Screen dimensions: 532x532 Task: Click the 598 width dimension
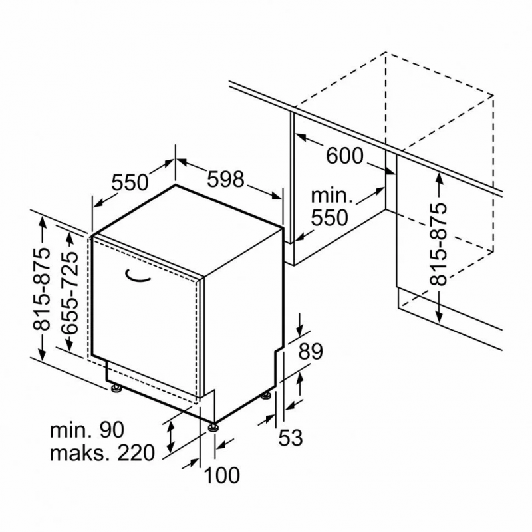tap(225, 179)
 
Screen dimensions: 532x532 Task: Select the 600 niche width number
tap(344, 156)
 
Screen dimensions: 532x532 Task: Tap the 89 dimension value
tap(310, 352)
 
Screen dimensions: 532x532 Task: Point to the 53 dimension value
tap(291, 438)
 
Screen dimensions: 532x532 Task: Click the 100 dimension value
tap(222, 475)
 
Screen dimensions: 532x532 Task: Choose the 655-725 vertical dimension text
tap(70, 293)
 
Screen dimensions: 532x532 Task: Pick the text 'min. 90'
tap(87, 430)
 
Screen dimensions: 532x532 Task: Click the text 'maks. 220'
tap(102, 452)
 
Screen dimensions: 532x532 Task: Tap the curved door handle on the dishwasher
tap(138, 276)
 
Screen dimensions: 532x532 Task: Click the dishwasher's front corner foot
tap(213, 426)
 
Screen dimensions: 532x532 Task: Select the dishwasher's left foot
tap(116, 388)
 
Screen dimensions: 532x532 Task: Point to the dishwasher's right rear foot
tap(266, 396)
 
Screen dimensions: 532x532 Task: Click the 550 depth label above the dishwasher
tap(130, 182)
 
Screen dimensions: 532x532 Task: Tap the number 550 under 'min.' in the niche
tap(329, 218)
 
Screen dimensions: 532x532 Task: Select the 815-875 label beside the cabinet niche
tap(438, 244)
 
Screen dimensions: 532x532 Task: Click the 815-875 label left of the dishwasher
tap(41, 289)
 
